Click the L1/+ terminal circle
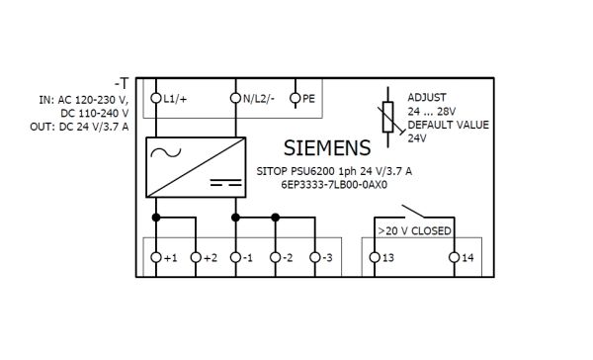(156, 98)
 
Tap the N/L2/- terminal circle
(235, 98)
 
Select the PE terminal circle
(295, 98)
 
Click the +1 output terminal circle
(156, 257)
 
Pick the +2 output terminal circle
(196, 257)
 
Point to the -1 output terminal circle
(235, 257)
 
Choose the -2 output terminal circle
(276, 257)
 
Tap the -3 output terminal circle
(315, 257)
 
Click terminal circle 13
(375, 257)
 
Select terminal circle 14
(455, 257)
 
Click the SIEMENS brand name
(327, 148)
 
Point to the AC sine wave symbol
(166, 152)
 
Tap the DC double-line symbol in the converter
(225, 182)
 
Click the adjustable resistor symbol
(388, 117)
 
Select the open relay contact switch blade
(413, 212)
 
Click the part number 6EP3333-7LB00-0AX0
(334, 185)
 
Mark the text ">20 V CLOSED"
(414, 230)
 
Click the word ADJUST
(427, 98)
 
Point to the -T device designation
(122, 83)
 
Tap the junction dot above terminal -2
(276, 218)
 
